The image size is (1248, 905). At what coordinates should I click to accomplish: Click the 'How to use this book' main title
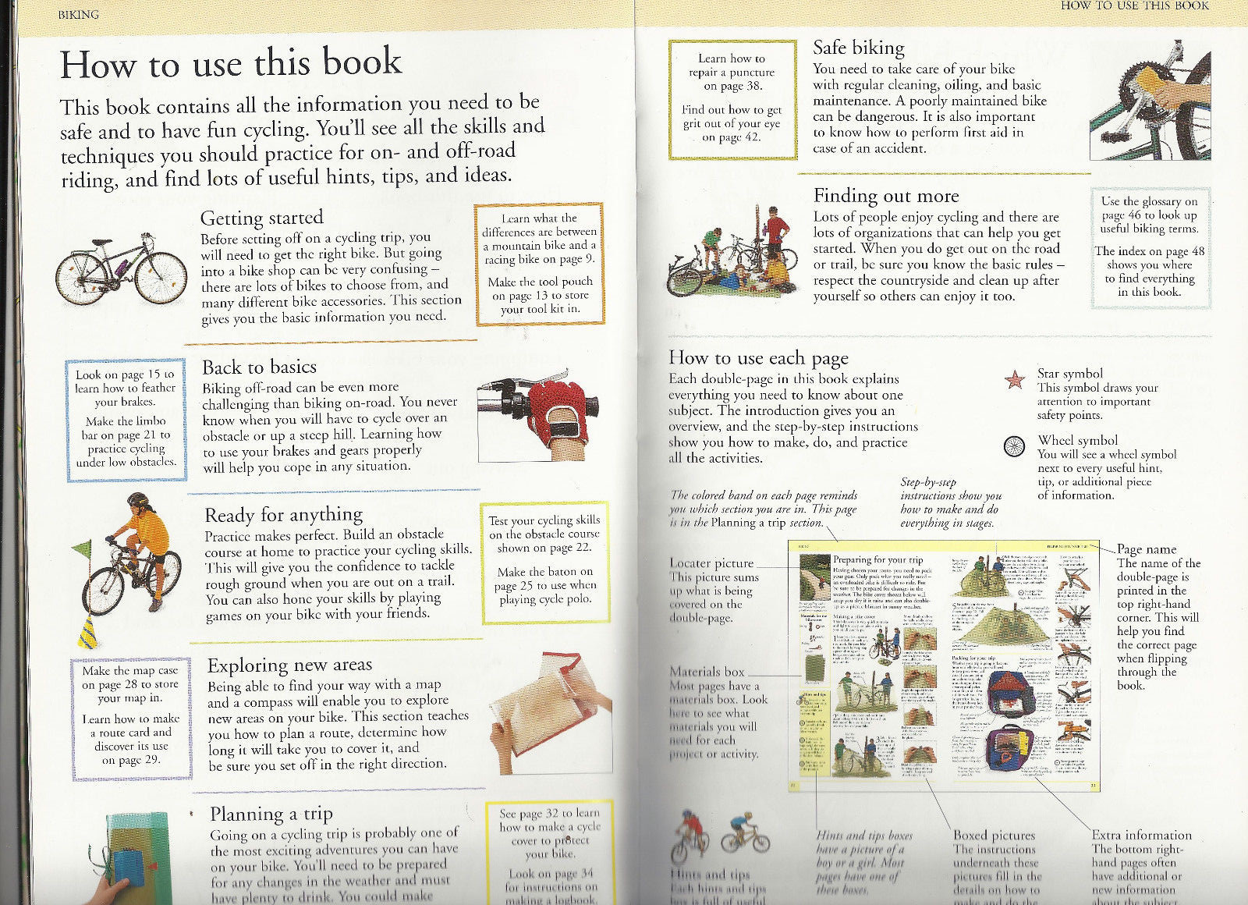pos(231,63)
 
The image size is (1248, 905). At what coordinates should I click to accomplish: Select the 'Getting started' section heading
pos(261,218)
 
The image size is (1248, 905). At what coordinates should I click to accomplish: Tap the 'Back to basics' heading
pos(259,367)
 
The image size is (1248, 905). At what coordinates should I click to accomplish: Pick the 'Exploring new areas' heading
pos(289,665)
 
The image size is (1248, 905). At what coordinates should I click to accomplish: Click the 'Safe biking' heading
pos(859,48)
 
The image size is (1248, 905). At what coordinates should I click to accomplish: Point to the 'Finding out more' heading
pos(886,196)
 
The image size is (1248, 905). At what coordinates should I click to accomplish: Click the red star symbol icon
pos(1014,380)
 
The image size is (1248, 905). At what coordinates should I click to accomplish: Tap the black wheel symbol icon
pos(1014,447)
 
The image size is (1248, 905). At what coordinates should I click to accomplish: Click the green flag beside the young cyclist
pos(83,549)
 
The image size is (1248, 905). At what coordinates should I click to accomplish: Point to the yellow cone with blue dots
pos(90,632)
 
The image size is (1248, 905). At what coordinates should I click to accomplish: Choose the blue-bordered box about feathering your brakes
pos(126,419)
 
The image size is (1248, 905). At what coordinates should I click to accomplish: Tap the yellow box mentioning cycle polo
pos(544,564)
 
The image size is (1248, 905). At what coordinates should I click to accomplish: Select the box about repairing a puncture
pos(732,99)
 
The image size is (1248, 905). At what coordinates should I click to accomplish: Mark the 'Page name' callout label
pos(1146,549)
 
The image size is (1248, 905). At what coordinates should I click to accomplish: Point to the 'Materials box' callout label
pos(707,672)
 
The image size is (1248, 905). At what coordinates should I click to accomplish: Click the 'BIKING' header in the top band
pos(79,15)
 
